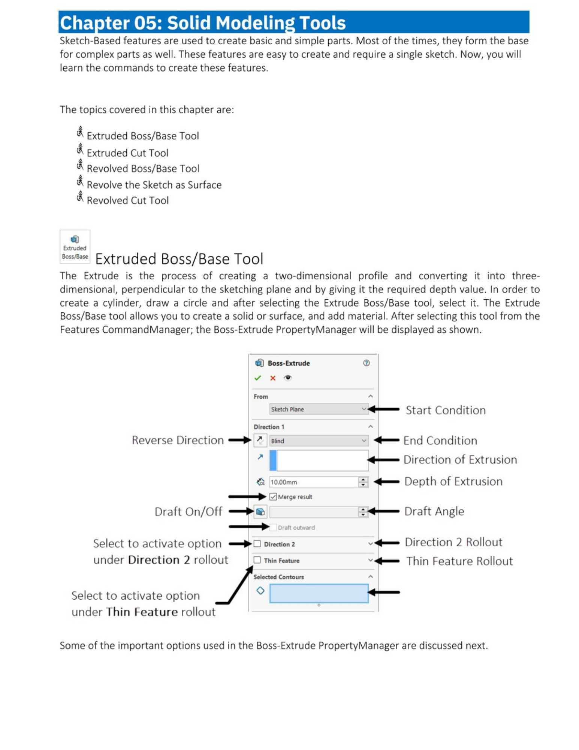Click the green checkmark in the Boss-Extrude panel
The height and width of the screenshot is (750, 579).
point(257,378)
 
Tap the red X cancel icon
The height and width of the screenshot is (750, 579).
point(272,378)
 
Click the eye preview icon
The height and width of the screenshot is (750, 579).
point(287,378)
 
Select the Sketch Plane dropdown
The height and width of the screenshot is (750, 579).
point(318,409)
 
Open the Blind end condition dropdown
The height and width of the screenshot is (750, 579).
point(318,441)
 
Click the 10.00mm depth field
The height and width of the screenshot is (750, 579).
point(313,482)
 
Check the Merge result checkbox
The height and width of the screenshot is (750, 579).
point(273,496)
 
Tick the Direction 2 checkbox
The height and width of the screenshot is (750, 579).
point(257,544)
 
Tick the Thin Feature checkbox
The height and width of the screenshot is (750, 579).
point(257,560)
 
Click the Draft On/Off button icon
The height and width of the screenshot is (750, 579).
point(260,511)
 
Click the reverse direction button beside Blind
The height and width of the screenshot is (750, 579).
point(260,440)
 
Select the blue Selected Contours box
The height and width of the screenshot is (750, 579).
point(319,593)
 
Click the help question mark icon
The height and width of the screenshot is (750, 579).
point(366,363)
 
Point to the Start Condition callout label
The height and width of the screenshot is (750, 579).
point(445,410)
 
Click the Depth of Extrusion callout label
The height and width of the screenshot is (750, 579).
point(453,481)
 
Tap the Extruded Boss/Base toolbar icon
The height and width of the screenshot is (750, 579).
point(75,246)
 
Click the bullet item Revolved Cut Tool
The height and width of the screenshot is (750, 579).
point(127,200)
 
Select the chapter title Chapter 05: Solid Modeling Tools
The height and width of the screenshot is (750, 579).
point(202,22)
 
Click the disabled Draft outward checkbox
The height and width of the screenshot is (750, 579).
point(273,527)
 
